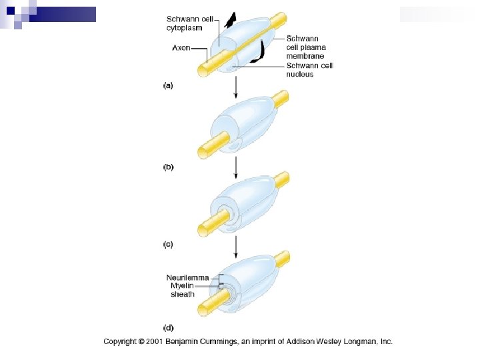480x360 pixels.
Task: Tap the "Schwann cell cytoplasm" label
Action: click(x=184, y=23)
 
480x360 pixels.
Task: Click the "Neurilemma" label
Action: click(x=187, y=277)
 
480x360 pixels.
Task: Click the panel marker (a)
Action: click(x=168, y=86)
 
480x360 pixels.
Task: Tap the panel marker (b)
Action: click(x=168, y=167)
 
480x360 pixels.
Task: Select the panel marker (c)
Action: click(x=168, y=245)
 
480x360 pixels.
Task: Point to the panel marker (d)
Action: click(x=168, y=327)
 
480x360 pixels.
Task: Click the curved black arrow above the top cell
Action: click(x=230, y=21)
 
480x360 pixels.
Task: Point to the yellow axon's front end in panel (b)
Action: click(x=203, y=147)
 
